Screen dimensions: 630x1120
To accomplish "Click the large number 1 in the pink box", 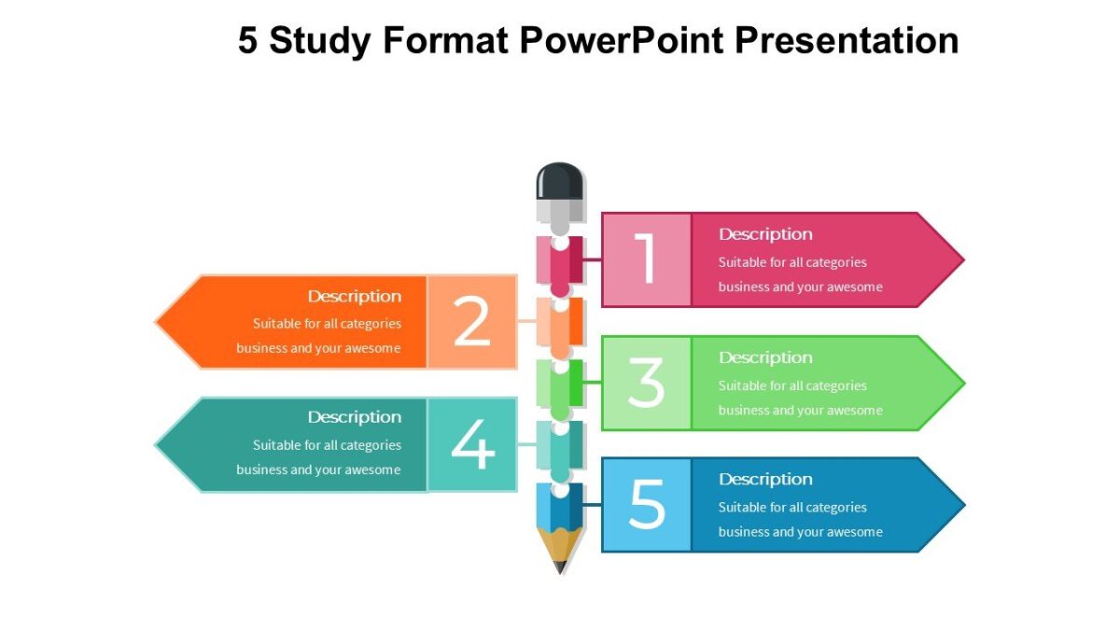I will click(x=646, y=259).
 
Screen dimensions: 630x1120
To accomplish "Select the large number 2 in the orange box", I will click(x=472, y=321).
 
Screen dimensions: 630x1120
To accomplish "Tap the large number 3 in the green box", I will click(x=646, y=383).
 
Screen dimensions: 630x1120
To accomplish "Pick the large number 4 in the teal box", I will click(x=472, y=444).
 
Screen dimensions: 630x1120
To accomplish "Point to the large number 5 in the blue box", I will click(x=646, y=504).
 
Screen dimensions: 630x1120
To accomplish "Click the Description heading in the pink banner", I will click(x=765, y=234).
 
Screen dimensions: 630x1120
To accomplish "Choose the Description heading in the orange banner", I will click(x=355, y=296).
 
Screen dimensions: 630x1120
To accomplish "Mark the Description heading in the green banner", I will click(x=765, y=357).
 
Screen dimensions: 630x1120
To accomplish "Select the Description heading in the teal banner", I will click(x=355, y=417).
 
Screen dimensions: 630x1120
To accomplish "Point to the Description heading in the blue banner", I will click(x=765, y=479).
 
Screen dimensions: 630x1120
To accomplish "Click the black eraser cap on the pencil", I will click(x=560, y=180).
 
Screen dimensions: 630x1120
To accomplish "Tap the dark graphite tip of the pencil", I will click(x=560, y=566).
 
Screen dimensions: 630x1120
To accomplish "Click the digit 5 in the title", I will click(x=247, y=41).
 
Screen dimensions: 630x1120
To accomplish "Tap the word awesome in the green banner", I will click(x=853, y=410).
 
